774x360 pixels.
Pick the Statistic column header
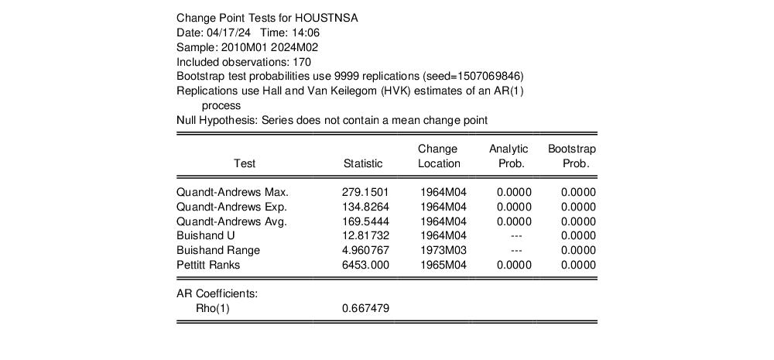[363, 163]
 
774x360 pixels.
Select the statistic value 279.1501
[365, 191]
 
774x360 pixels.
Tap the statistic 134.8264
[365, 207]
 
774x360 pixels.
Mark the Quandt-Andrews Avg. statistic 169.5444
[365, 221]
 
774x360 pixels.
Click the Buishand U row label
[205, 235]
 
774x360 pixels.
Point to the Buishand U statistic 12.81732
[365, 235]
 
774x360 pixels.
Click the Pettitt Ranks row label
[208, 265]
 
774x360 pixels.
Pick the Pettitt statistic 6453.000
[365, 265]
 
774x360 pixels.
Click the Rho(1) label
[213, 308]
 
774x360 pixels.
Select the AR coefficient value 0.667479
[365, 308]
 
